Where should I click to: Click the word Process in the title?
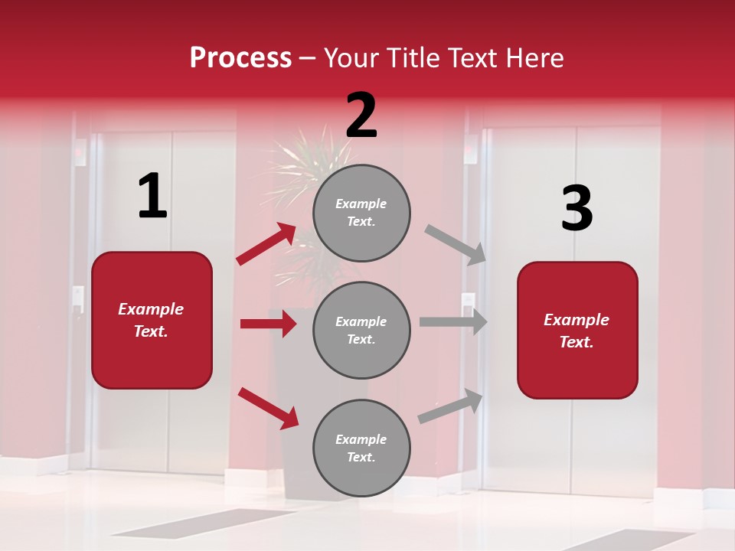[240, 57]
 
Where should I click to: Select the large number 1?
[152, 197]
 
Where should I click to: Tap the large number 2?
[361, 116]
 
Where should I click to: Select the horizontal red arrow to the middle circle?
[268, 324]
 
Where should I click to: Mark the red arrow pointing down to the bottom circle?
[268, 407]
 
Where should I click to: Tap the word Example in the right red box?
[577, 320]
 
